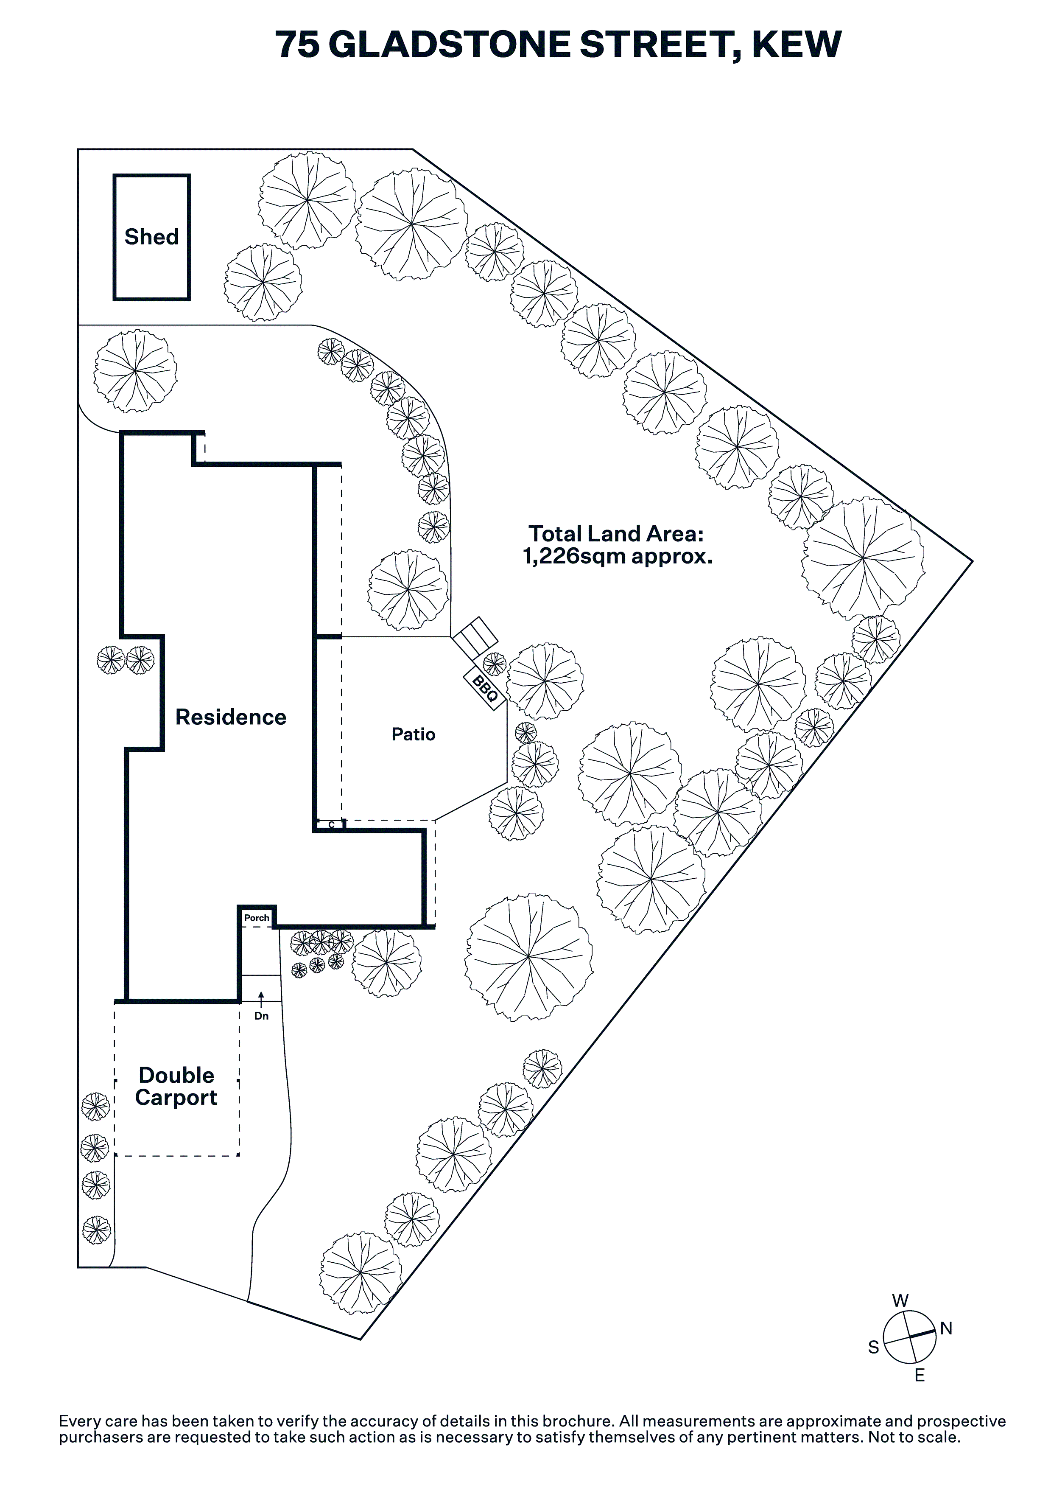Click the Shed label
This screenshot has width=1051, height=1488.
151,237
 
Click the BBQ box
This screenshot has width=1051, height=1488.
485,689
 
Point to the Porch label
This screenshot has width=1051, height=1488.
257,918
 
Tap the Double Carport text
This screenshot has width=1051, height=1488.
176,1086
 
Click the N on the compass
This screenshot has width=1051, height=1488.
946,1328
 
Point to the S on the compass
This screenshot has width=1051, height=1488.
873,1348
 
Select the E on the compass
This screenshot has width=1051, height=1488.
920,1375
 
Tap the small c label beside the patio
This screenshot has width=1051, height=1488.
331,824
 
